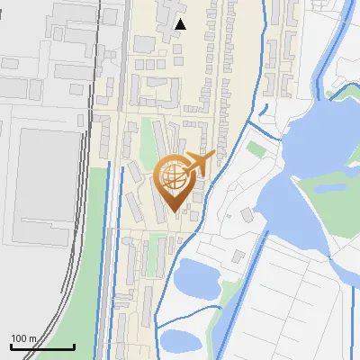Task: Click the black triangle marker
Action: click(x=181, y=24)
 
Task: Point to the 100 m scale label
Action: click(x=23, y=338)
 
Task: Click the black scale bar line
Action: click(x=42, y=347)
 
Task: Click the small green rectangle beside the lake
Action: click(x=257, y=148)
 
